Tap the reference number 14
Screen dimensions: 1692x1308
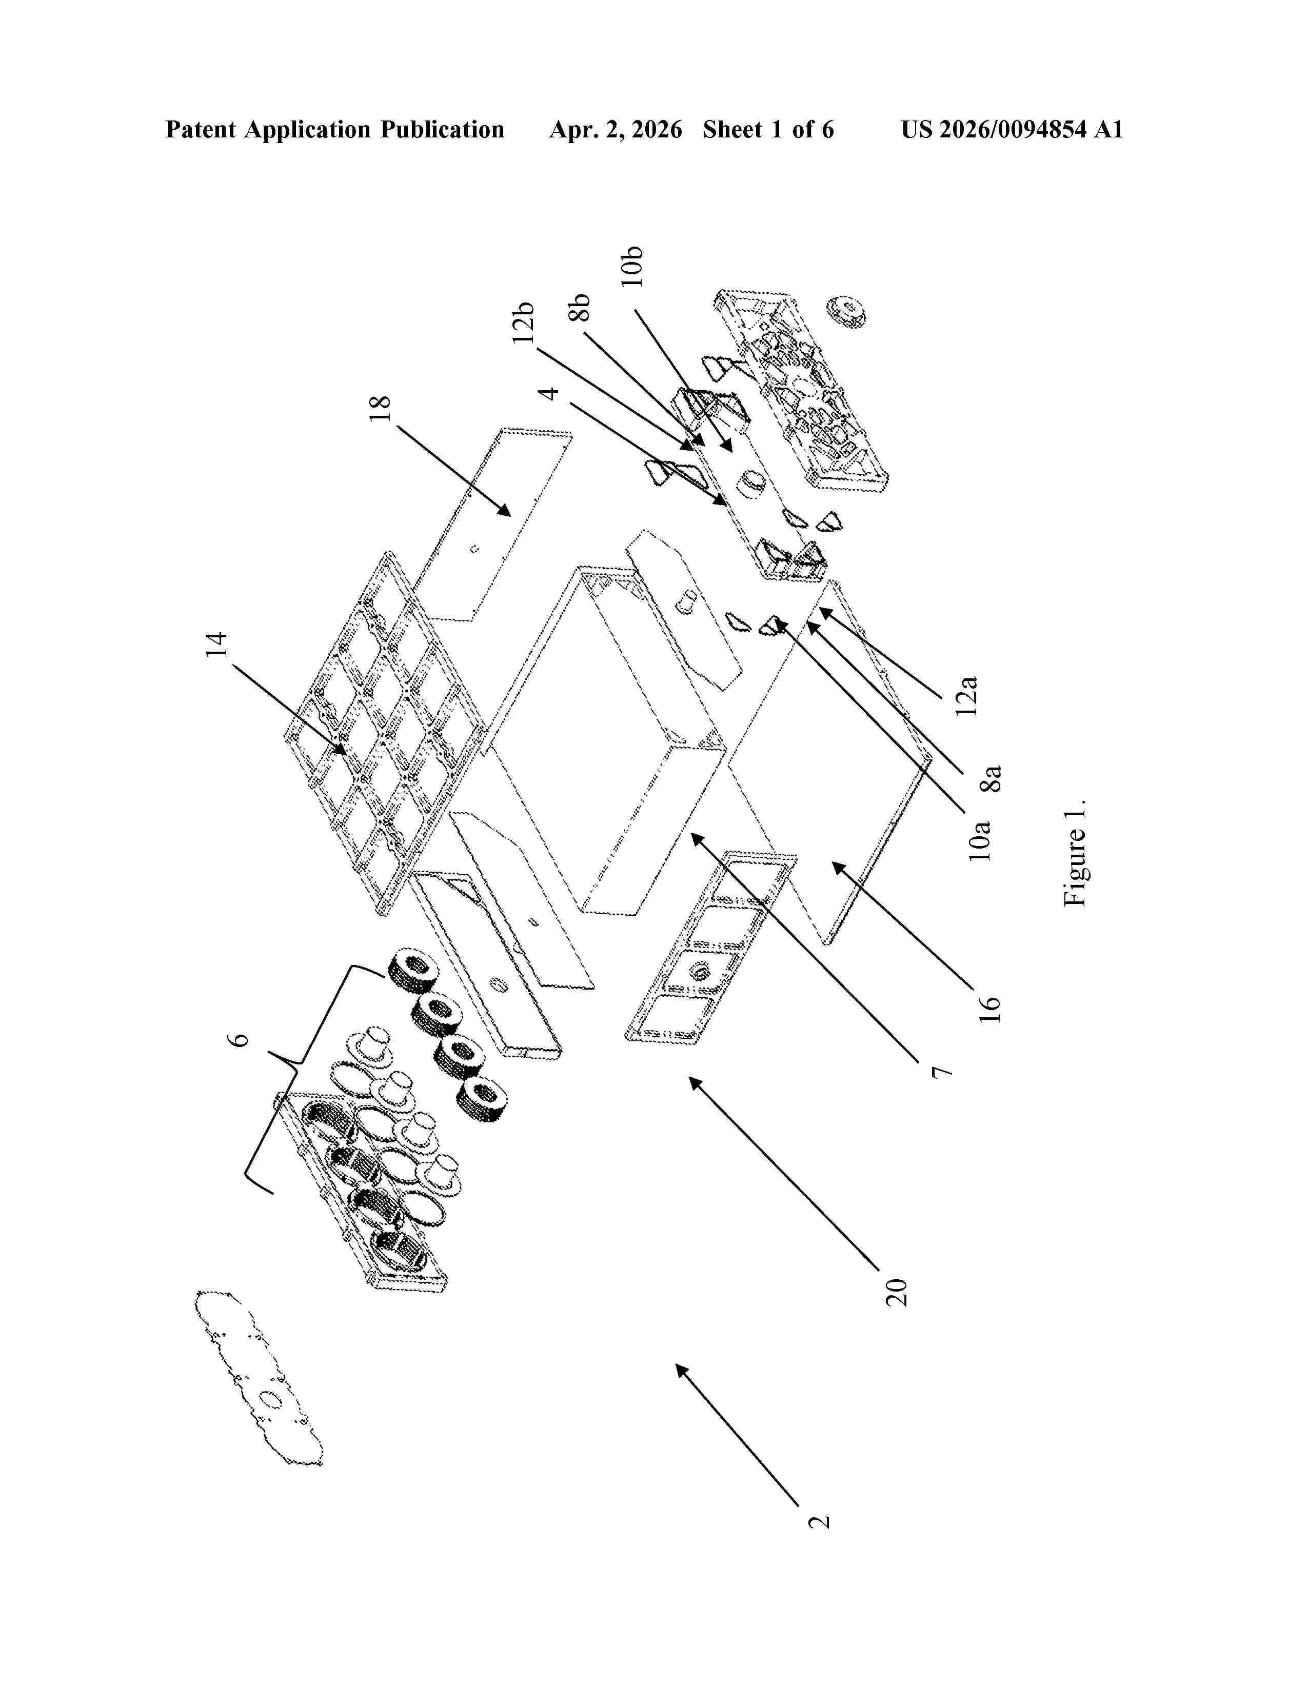click(217, 646)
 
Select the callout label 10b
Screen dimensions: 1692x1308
click(632, 267)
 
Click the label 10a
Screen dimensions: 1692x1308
click(980, 840)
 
